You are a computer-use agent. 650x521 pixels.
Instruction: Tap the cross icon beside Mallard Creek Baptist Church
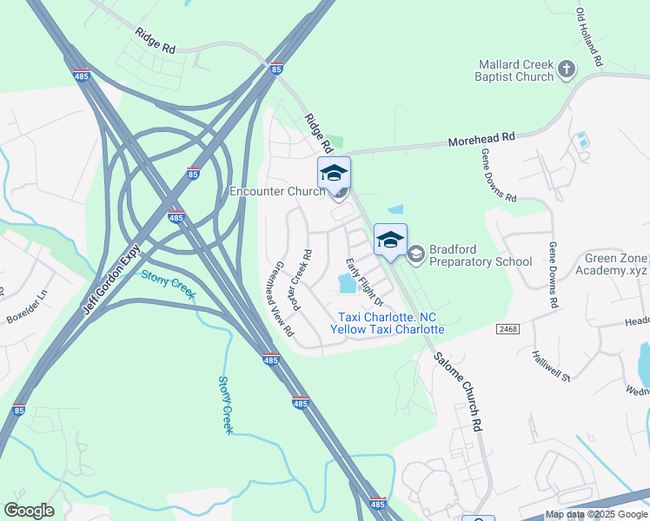(x=567, y=69)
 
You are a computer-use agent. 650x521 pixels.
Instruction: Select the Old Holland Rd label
(x=588, y=38)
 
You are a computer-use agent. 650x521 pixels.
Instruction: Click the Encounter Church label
(x=276, y=191)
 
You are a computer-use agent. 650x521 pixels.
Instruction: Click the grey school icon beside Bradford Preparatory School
(x=415, y=253)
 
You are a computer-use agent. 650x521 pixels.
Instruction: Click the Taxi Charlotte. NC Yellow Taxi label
(x=388, y=323)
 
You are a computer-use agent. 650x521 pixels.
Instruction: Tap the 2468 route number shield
(x=508, y=329)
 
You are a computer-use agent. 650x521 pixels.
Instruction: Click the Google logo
(x=29, y=511)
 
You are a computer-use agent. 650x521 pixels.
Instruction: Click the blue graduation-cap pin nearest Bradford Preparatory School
(x=390, y=241)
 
